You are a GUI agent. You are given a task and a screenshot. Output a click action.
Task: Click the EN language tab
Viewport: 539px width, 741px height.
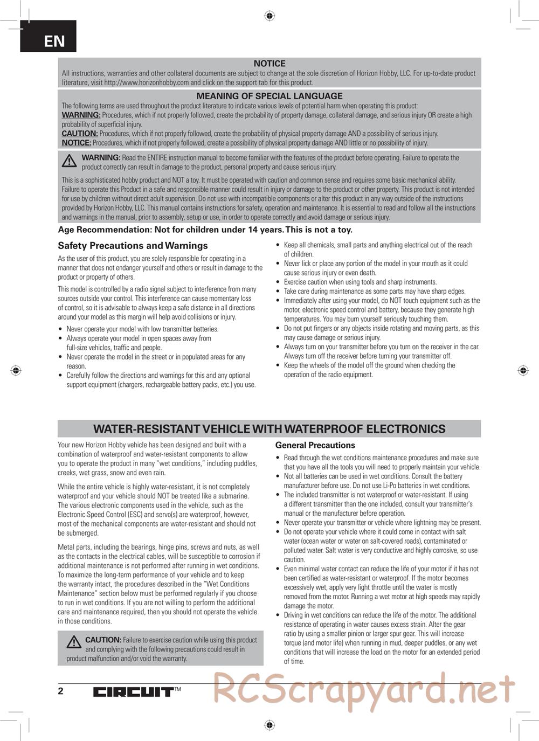[x=54, y=41]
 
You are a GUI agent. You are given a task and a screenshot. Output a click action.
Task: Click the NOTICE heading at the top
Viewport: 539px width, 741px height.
[x=269, y=64]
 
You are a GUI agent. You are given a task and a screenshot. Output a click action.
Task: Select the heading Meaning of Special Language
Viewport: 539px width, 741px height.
[x=269, y=96]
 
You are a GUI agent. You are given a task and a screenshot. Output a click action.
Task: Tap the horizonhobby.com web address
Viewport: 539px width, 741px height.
[x=146, y=82]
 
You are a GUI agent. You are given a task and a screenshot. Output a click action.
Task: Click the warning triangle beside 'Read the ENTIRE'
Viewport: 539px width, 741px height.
[x=69, y=161]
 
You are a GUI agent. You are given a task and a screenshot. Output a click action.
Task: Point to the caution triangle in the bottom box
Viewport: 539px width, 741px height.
[x=74, y=642]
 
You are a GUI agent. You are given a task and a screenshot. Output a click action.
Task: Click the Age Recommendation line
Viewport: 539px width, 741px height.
[x=205, y=230]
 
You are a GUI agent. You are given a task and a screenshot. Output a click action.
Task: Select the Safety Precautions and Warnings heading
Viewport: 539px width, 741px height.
[x=133, y=246]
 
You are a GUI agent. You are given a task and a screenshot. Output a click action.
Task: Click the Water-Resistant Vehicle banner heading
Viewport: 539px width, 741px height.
[x=269, y=429]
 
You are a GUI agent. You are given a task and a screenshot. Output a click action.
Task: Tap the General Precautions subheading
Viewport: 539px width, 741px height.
[x=315, y=445]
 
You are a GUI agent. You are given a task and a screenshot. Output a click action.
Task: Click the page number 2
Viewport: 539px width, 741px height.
[x=60, y=691]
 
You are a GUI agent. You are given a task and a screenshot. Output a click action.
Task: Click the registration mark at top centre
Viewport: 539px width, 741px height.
[x=269, y=16]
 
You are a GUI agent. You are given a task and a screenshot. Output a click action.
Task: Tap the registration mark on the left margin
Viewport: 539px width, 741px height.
[x=16, y=370]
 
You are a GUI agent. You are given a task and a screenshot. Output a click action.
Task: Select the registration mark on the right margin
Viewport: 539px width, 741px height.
[x=523, y=370]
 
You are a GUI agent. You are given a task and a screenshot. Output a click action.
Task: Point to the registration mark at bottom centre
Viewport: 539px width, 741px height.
[x=269, y=725]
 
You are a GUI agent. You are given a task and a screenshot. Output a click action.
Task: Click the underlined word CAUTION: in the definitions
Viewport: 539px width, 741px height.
[x=79, y=134]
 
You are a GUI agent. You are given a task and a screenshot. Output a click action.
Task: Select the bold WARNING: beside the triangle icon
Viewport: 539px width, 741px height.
[x=101, y=157]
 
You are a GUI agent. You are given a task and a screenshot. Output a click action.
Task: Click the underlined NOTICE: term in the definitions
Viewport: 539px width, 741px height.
[x=76, y=143]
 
